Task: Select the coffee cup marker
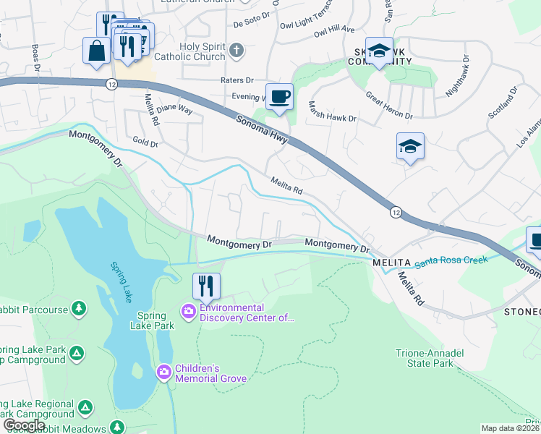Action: click(279, 96)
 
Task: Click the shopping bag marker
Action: click(96, 51)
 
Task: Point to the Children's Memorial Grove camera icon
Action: click(164, 373)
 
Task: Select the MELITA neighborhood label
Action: click(392, 262)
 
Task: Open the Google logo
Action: click(24, 425)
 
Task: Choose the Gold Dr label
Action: click(145, 143)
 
